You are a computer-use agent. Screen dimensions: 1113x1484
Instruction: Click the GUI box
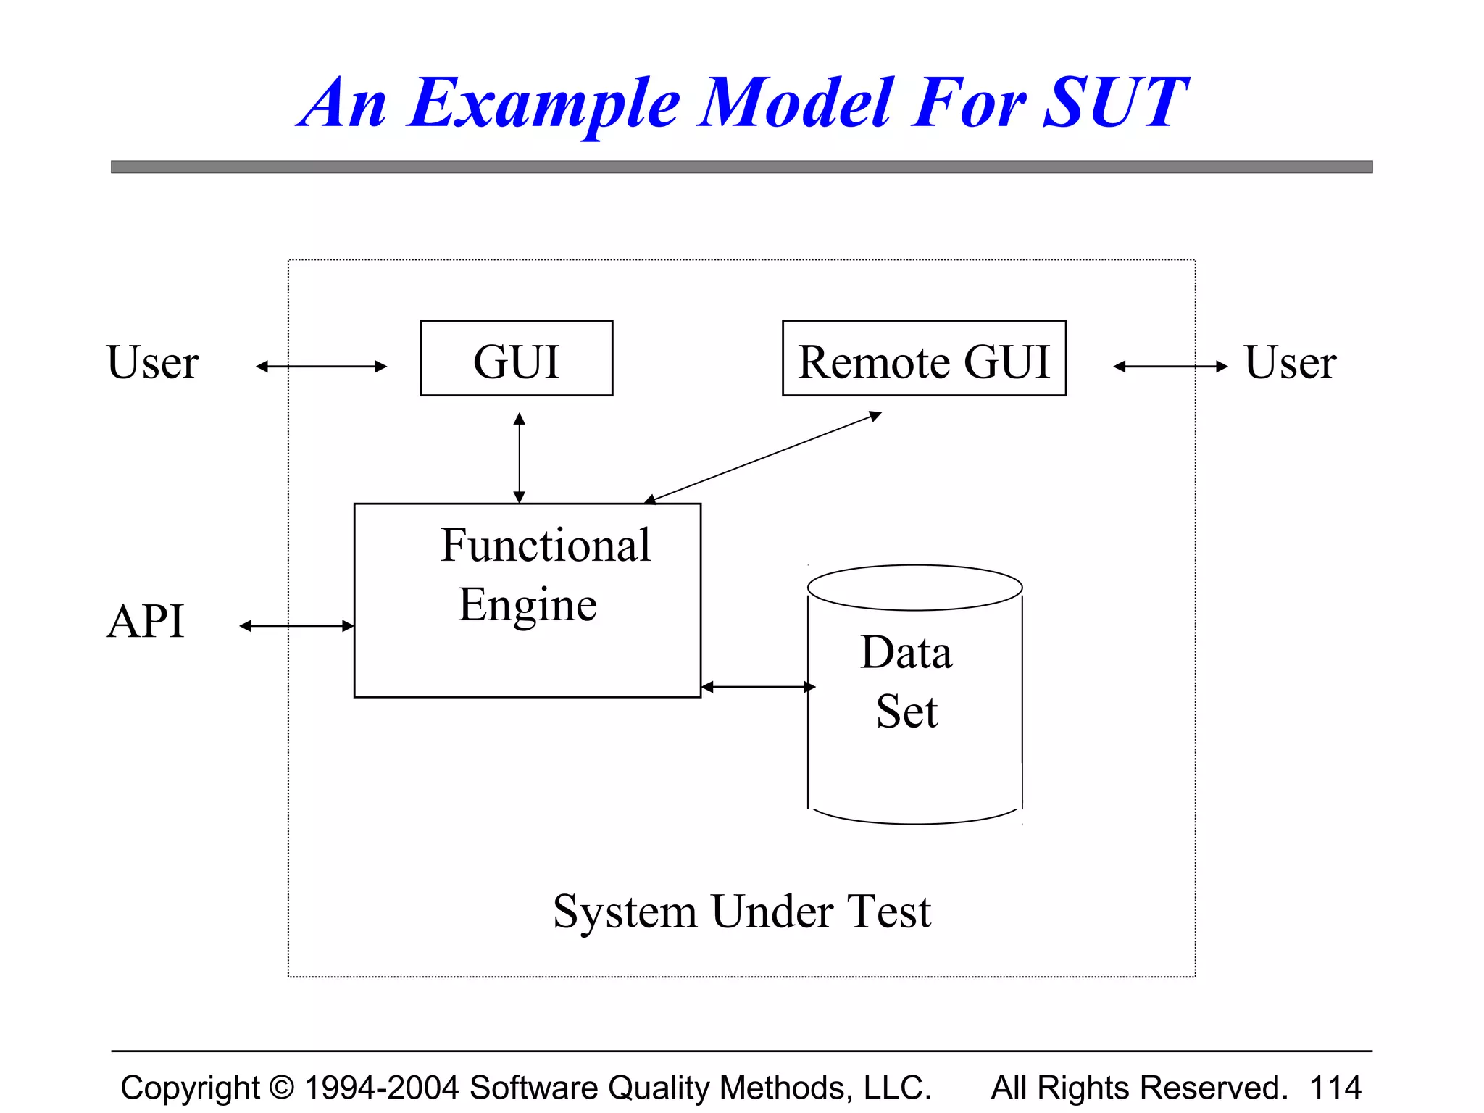516,359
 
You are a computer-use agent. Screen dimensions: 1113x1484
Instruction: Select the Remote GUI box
924,359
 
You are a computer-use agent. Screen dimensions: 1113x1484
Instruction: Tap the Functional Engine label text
536,575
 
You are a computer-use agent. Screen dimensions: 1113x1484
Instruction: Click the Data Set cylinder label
906,681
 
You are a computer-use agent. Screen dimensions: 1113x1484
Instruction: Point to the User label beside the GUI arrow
152,362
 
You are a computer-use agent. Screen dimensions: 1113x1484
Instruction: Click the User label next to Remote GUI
1290,362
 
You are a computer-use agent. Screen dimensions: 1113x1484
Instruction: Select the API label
146,621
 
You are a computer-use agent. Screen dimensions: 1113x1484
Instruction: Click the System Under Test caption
741,911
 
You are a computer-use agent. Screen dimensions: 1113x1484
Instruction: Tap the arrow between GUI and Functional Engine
519,458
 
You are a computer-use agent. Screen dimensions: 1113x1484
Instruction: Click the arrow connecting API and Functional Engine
296,625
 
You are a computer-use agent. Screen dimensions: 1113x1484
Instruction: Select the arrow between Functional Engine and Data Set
758,686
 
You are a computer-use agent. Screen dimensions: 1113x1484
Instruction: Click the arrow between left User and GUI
321,367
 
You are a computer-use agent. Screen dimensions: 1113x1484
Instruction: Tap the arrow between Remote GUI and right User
1170,367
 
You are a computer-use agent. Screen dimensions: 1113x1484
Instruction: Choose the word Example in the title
543,103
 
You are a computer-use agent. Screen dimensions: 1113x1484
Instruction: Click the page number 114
1335,1088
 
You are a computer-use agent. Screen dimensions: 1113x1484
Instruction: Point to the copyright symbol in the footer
281,1088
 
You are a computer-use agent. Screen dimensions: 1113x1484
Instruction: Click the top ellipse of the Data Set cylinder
914,588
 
